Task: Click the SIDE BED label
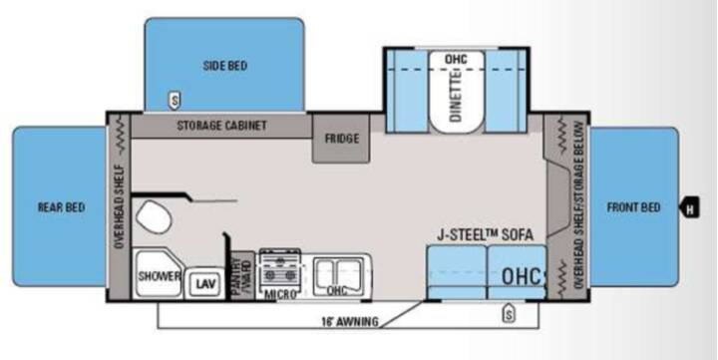pos(224,66)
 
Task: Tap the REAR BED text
pos(61,207)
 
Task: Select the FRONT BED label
pos(633,207)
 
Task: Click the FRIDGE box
pos(341,139)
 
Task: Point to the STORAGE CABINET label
pos(221,125)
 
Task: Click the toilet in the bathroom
pos(154,216)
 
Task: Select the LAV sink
pos(204,283)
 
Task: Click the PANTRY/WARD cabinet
pos(242,275)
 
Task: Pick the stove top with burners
pos(280,269)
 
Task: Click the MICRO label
pos(280,294)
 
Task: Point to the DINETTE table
pos(456,93)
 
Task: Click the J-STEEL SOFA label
pos(485,235)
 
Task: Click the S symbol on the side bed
pos(175,100)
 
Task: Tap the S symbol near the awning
pos(509,313)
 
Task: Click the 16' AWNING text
pos(350,321)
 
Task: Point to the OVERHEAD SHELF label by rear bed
pos(120,207)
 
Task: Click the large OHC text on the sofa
pos(522,276)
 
